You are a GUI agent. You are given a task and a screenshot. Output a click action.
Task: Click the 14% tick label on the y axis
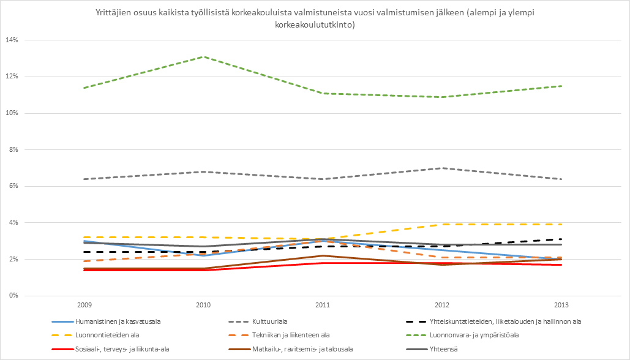point(12,40)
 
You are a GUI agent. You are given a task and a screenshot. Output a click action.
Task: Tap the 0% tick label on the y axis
point(13,296)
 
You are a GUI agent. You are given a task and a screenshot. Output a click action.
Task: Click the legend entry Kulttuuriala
point(269,321)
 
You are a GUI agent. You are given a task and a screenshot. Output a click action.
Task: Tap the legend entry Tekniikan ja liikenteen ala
point(291,336)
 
